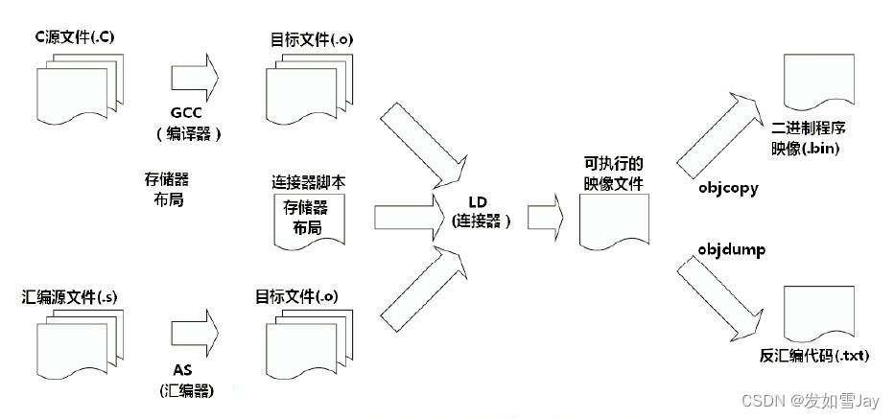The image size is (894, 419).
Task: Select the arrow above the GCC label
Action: [x=195, y=76]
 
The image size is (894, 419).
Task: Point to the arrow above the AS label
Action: [x=195, y=330]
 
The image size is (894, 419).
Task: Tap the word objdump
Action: [x=726, y=249]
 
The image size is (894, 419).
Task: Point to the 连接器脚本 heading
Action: [x=307, y=180]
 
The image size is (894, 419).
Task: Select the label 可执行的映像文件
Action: [x=613, y=172]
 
